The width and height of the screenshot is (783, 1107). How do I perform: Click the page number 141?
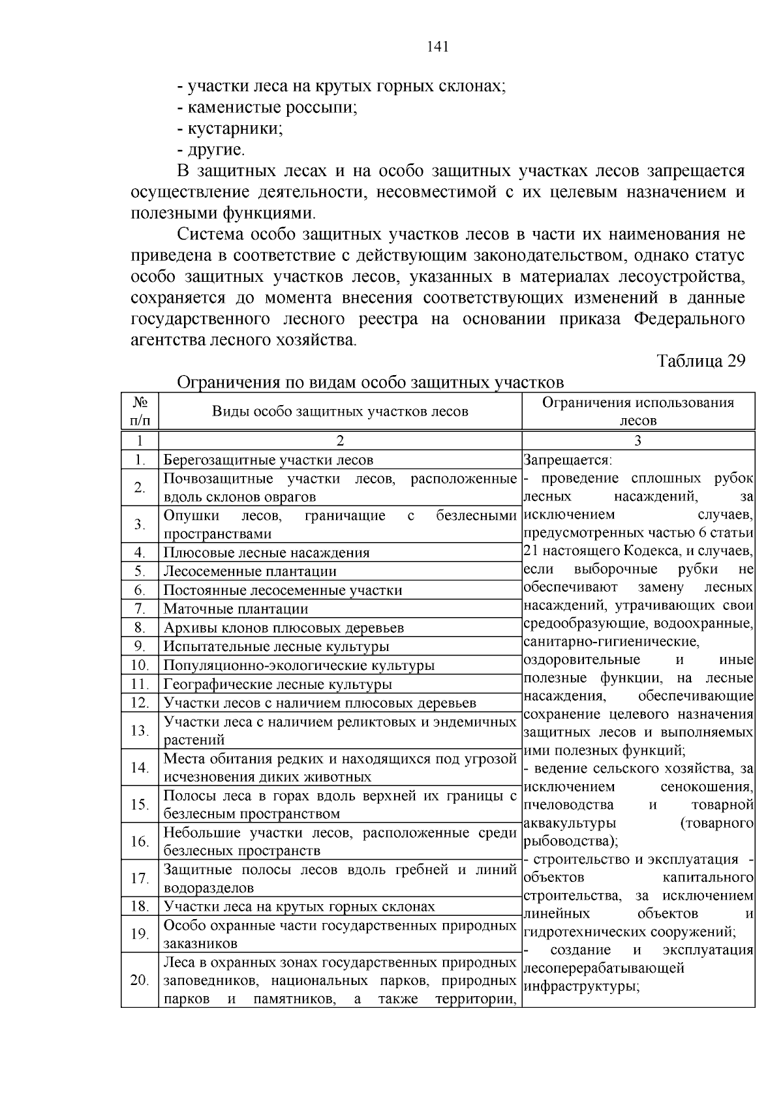[437, 47]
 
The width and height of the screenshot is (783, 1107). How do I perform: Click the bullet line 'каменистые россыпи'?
[268, 107]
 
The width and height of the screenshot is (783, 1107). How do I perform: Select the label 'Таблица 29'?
[701, 361]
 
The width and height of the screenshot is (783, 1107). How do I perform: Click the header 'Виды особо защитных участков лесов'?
[340, 412]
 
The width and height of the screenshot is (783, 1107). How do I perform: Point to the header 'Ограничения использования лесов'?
[637, 412]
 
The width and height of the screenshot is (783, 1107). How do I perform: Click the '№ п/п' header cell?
[140, 412]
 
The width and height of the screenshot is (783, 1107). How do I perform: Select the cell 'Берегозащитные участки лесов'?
[268, 460]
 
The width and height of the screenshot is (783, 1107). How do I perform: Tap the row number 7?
[140, 609]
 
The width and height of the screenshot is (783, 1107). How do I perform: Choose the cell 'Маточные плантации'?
[236, 609]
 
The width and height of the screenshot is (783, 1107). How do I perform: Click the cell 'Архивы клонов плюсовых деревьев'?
[283, 628]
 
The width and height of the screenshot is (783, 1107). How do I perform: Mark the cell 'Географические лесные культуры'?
[277, 685]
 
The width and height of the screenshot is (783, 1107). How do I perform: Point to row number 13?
[140, 731]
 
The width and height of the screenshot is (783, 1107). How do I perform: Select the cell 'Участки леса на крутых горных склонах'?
[299, 907]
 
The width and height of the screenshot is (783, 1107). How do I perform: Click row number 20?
[140, 980]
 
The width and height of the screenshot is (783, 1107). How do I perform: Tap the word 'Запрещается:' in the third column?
[567, 460]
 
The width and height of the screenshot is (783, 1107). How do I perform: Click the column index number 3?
[637, 440]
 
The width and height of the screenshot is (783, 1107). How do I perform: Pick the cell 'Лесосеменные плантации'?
[250, 571]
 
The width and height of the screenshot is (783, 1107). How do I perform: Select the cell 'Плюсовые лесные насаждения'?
[266, 553]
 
